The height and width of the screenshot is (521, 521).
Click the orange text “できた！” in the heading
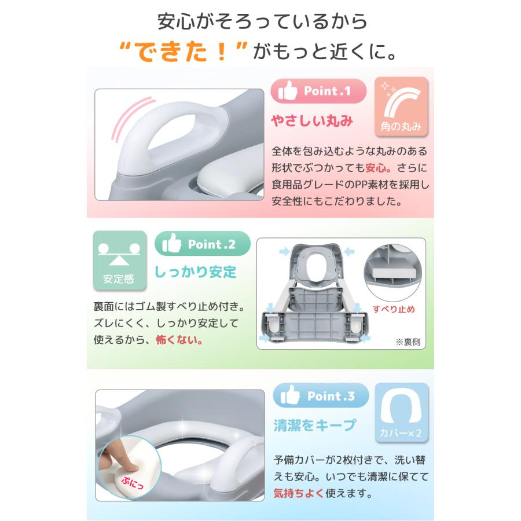184,53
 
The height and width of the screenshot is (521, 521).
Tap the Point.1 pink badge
319,91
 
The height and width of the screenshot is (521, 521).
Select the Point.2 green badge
203,244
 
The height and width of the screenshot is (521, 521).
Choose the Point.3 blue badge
321,396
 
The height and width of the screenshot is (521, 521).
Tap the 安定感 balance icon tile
119,260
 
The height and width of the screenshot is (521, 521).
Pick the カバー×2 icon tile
402,412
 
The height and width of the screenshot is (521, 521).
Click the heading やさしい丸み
313,122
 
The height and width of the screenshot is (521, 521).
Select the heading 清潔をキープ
314,425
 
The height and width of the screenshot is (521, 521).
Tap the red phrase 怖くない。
179,340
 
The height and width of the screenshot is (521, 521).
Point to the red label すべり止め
394,309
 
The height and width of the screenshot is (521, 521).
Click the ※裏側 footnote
409,342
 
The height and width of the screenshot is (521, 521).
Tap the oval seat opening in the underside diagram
317,267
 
